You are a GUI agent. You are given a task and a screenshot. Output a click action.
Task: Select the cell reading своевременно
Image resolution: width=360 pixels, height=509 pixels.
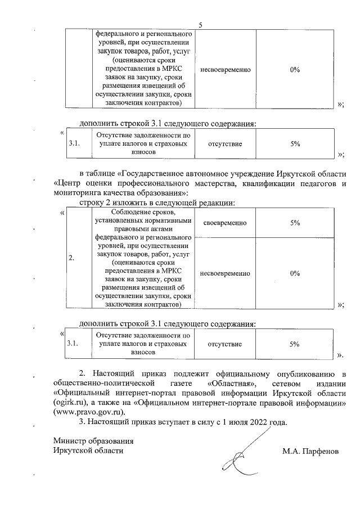coord(224,223)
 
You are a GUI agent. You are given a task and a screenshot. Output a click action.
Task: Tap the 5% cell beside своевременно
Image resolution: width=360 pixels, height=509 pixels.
coord(294,223)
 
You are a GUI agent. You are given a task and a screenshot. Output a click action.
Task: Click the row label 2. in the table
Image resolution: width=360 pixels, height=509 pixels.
coord(71,258)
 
